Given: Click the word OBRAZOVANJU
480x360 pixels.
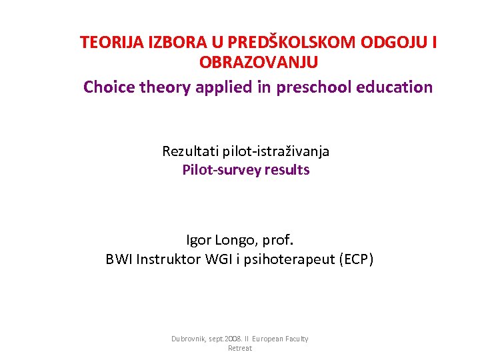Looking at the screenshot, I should [258, 63].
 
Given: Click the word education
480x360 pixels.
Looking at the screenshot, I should [395, 87].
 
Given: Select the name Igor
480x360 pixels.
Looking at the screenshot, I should [199, 240].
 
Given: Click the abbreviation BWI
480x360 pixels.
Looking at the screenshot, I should [119, 260].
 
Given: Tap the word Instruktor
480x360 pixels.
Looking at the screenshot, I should [167, 260].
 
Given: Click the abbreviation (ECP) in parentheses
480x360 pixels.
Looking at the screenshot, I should [357, 260].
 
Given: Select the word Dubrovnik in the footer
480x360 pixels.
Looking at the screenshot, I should [189, 339].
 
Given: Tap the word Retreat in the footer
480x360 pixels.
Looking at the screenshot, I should [240, 349].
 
